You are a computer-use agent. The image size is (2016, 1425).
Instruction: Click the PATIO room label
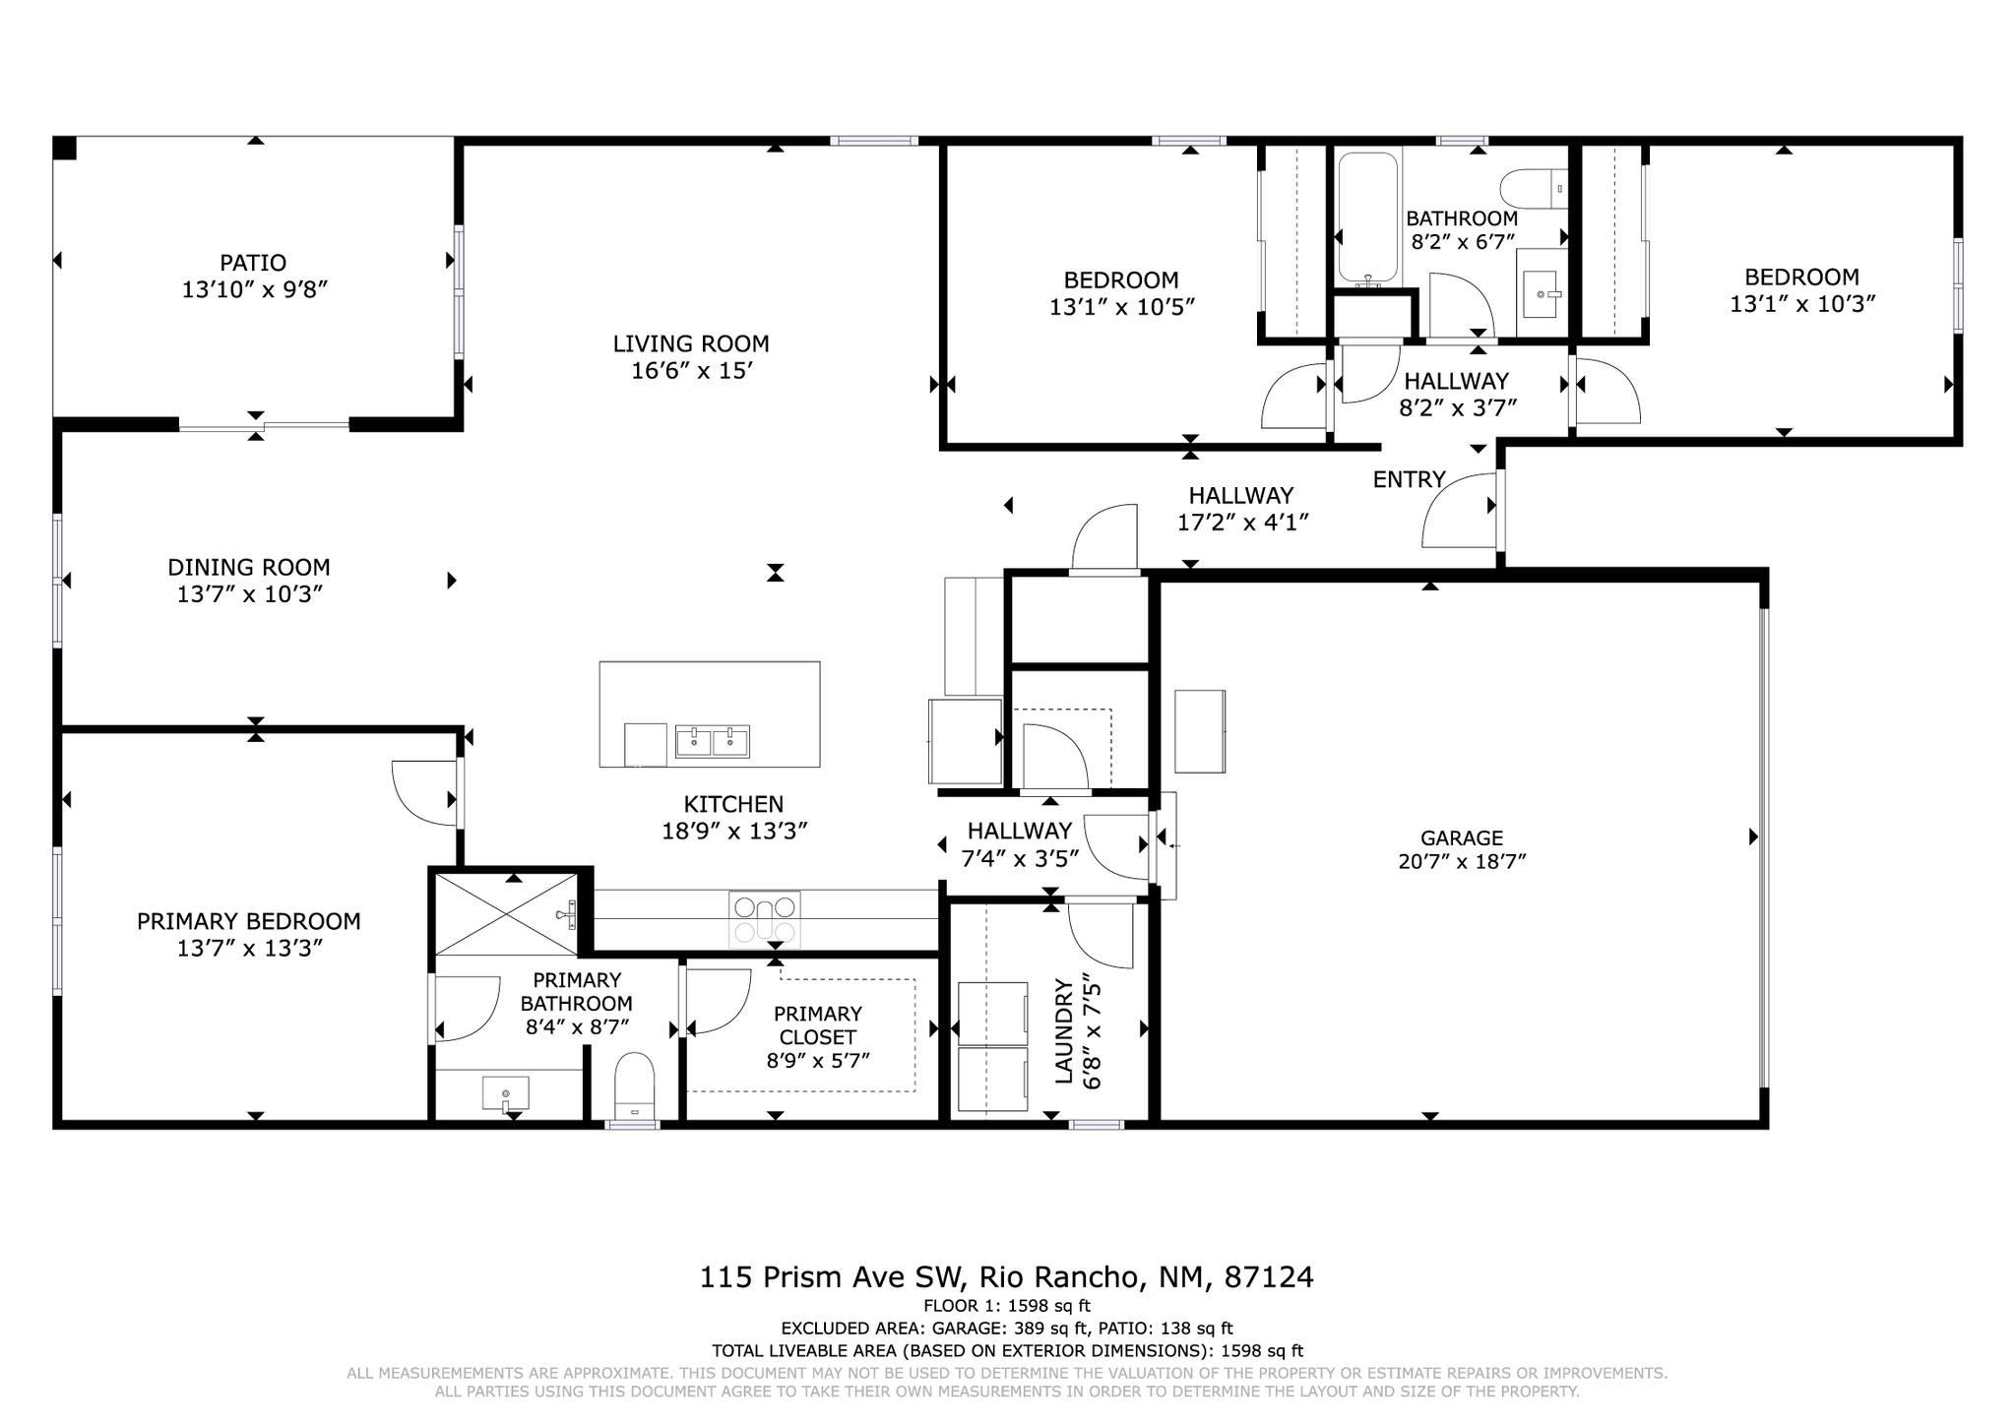pos(253,263)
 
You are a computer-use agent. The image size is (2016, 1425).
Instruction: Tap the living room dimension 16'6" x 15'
pos(691,371)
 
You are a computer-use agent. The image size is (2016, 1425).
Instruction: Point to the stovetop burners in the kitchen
pos(764,919)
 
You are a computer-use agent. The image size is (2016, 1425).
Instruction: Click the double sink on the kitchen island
pos(712,741)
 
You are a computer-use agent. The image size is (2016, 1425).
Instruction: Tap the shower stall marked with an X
pos(505,913)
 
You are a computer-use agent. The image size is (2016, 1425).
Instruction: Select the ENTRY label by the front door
pos(1409,479)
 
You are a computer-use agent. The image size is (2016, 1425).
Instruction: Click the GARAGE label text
pos(1461,837)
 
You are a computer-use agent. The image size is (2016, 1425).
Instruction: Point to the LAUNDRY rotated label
pos(1063,1030)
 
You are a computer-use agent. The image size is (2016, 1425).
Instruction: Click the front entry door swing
pos(1457,512)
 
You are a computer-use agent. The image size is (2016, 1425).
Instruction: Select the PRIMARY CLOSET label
pos(817,1024)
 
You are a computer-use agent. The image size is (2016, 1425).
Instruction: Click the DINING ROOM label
pos(248,567)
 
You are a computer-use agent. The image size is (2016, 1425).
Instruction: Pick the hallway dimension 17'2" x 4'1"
pos(1242,523)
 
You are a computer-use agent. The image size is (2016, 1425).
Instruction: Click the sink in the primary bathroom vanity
pos(505,1093)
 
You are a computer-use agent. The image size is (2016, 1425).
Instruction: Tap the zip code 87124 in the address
pos(1268,1277)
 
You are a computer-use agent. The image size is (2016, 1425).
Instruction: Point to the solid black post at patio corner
pos(64,148)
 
